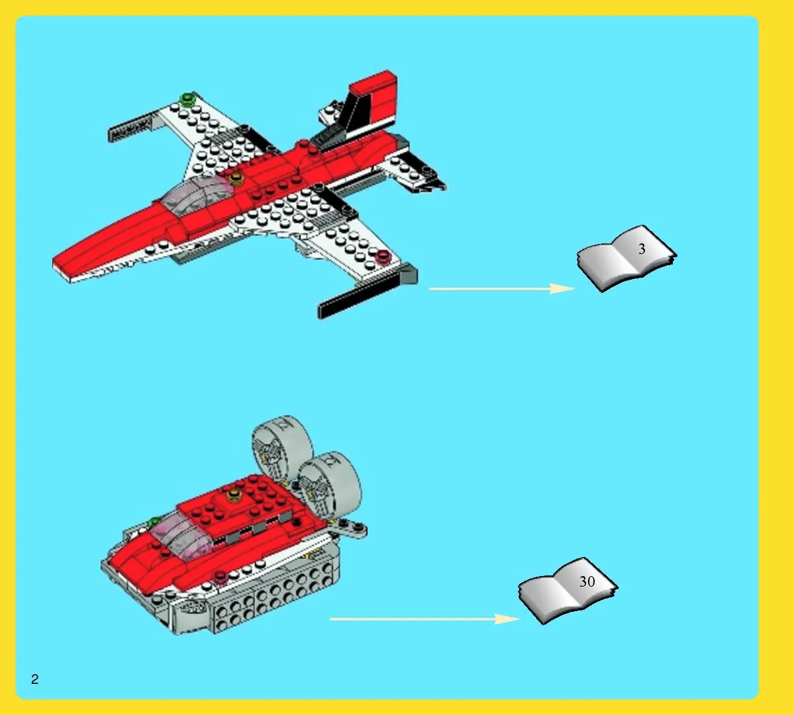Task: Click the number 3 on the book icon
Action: (642, 249)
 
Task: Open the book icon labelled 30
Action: (568, 590)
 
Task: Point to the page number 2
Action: (34, 679)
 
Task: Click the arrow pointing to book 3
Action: (502, 288)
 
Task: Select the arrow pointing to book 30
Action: (424, 619)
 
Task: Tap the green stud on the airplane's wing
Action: (188, 99)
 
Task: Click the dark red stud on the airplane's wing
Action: (383, 257)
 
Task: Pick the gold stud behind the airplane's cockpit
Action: (236, 177)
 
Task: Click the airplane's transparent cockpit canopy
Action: (197, 192)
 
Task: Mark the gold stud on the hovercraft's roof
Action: (234, 493)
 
